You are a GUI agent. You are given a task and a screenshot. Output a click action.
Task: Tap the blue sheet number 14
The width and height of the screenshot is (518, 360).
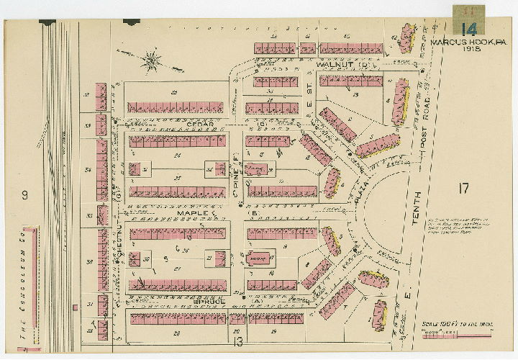coord(469,29)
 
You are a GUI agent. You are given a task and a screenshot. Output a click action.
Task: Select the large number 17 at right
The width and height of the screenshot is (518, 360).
coord(463,189)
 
